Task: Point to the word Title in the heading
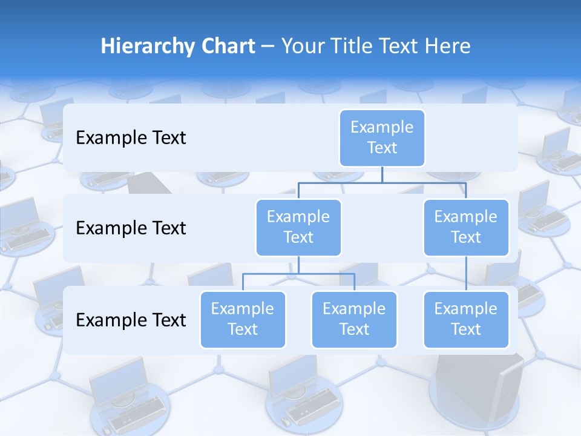click(353, 47)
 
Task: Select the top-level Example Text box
click(382, 137)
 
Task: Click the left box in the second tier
click(298, 227)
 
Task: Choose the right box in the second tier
click(466, 227)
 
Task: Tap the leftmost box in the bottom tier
click(243, 319)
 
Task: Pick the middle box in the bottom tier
click(354, 319)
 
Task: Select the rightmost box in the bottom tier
click(466, 319)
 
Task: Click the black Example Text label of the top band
click(131, 137)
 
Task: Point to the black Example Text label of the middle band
click(131, 228)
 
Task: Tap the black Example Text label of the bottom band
click(131, 320)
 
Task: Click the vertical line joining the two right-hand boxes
click(466, 274)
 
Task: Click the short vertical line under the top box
click(382, 174)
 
